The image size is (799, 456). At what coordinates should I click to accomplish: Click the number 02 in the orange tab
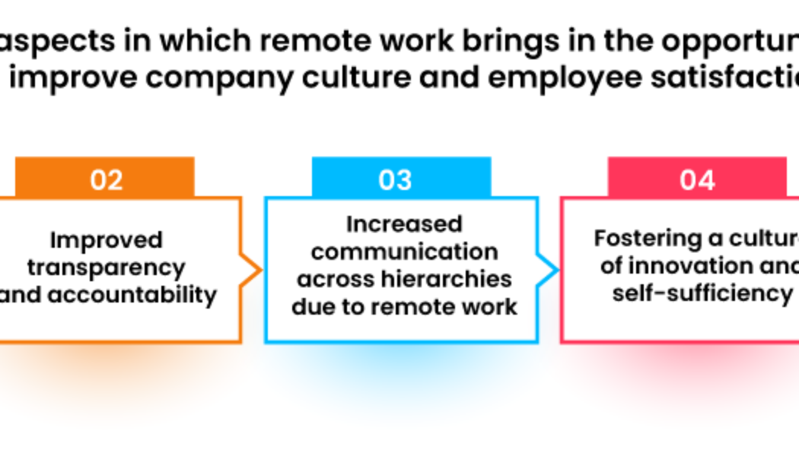(106, 180)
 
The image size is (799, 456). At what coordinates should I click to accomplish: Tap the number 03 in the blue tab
(395, 180)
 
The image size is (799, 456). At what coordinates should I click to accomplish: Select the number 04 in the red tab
(697, 180)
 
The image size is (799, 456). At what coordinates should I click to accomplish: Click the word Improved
(107, 240)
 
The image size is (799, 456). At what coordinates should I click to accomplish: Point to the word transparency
(107, 268)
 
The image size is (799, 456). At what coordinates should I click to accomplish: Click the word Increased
(404, 224)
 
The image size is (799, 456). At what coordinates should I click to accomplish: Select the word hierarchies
(446, 279)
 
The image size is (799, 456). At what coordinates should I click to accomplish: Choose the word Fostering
(648, 238)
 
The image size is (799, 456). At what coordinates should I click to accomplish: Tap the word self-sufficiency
(702, 293)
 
